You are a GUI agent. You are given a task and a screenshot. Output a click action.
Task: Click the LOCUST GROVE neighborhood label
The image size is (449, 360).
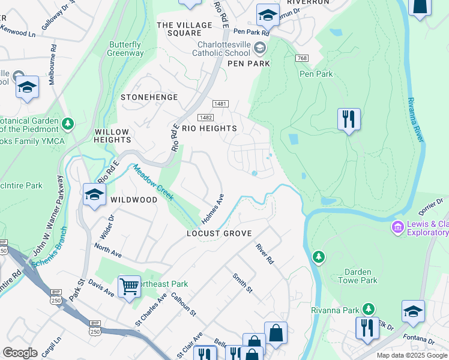pos(219,233)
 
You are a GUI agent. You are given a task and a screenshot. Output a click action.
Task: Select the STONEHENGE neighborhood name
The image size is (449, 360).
pos(149,97)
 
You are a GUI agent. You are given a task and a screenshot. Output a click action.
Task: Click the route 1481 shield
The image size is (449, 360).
pos(220,104)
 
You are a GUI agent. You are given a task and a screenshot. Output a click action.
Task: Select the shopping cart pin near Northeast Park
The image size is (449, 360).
pos(129,287)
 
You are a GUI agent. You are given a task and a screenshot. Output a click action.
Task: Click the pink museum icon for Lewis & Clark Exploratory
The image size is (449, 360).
pos(397,227)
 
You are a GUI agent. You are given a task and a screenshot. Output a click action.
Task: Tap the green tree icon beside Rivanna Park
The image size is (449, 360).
pos(369,310)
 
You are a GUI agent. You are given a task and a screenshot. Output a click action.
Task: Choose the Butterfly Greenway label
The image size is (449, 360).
pos(126,49)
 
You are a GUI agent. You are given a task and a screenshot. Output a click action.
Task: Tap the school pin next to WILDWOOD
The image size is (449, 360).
pos(94,194)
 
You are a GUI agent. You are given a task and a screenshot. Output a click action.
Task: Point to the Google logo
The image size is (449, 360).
pos(20,353)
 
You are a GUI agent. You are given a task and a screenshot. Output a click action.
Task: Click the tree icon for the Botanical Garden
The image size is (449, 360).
pos(68,124)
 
